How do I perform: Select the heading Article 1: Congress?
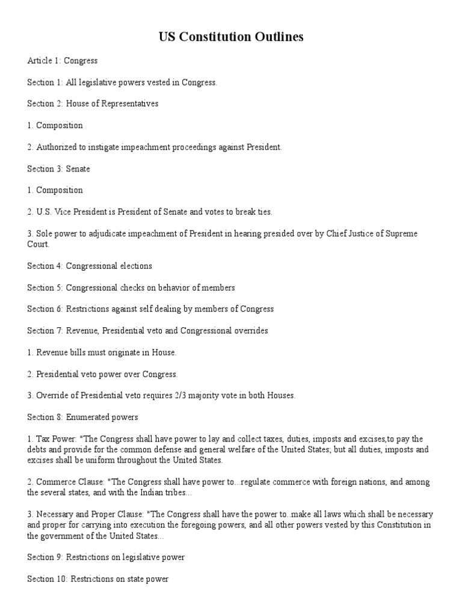(x=63, y=61)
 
